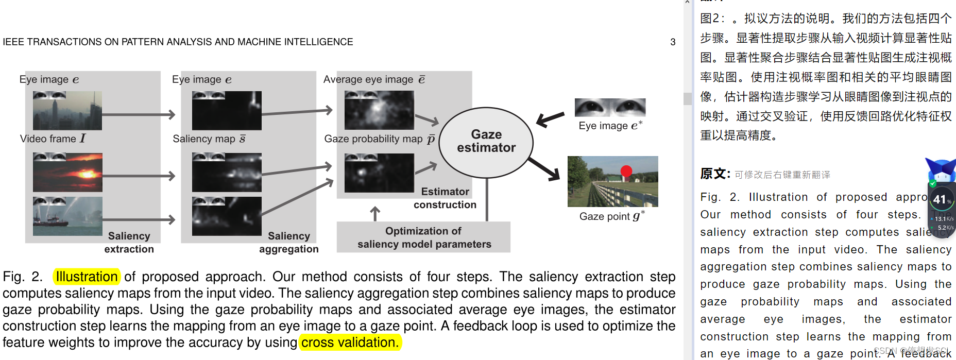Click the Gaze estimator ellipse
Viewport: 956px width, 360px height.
coord(486,142)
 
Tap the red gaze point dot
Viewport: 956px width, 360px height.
coord(626,172)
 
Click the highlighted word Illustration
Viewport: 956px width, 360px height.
coord(87,277)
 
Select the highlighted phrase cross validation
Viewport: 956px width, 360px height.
coord(350,342)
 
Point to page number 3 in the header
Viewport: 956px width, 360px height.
coord(673,42)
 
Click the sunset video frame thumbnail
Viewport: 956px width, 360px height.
coord(67,173)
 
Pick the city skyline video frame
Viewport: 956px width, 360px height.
coord(67,111)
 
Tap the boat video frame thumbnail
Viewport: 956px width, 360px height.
coord(67,216)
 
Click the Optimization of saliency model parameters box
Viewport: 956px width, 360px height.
coord(423,237)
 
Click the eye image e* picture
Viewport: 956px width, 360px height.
coord(610,108)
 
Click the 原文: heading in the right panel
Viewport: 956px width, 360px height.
coord(715,174)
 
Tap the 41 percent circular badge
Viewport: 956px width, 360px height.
coord(941,199)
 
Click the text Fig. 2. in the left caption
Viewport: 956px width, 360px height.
coord(23,277)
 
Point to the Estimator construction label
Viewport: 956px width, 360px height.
coord(445,198)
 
